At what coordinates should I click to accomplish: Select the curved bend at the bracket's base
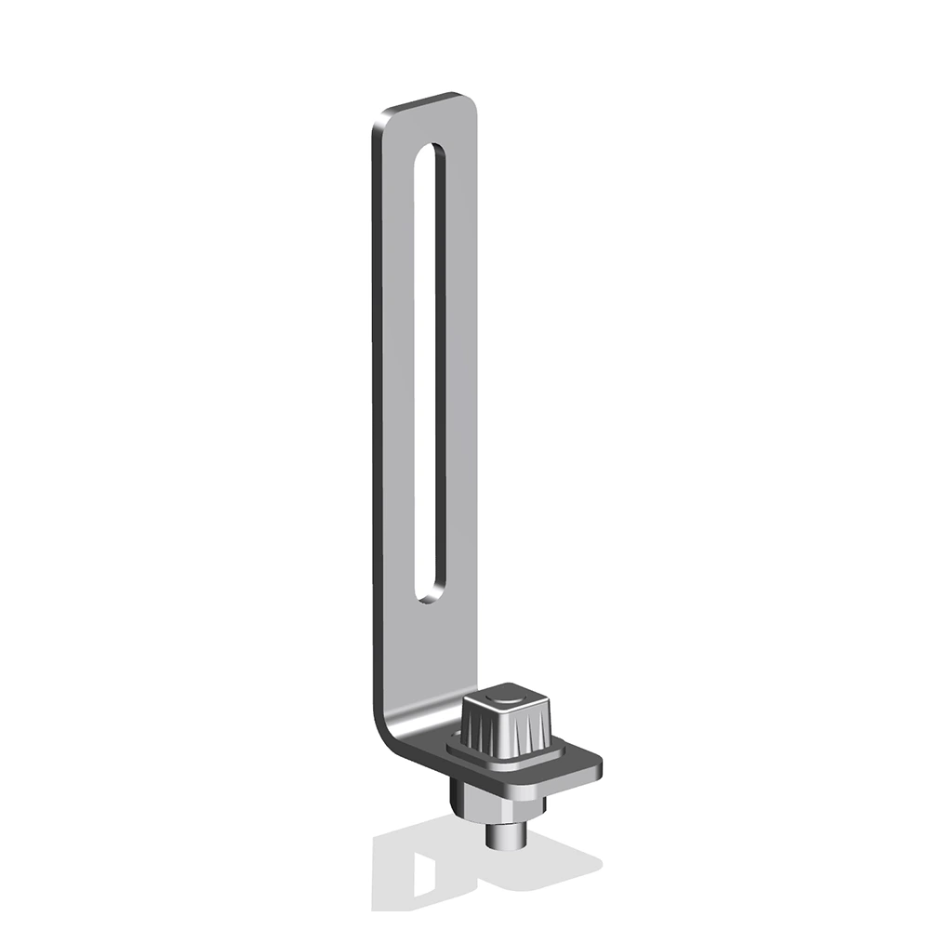(x=391, y=721)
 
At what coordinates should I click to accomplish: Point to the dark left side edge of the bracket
(x=378, y=418)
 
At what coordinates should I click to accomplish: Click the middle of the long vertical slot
(x=429, y=372)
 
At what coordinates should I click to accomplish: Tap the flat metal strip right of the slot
(x=461, y=372)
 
